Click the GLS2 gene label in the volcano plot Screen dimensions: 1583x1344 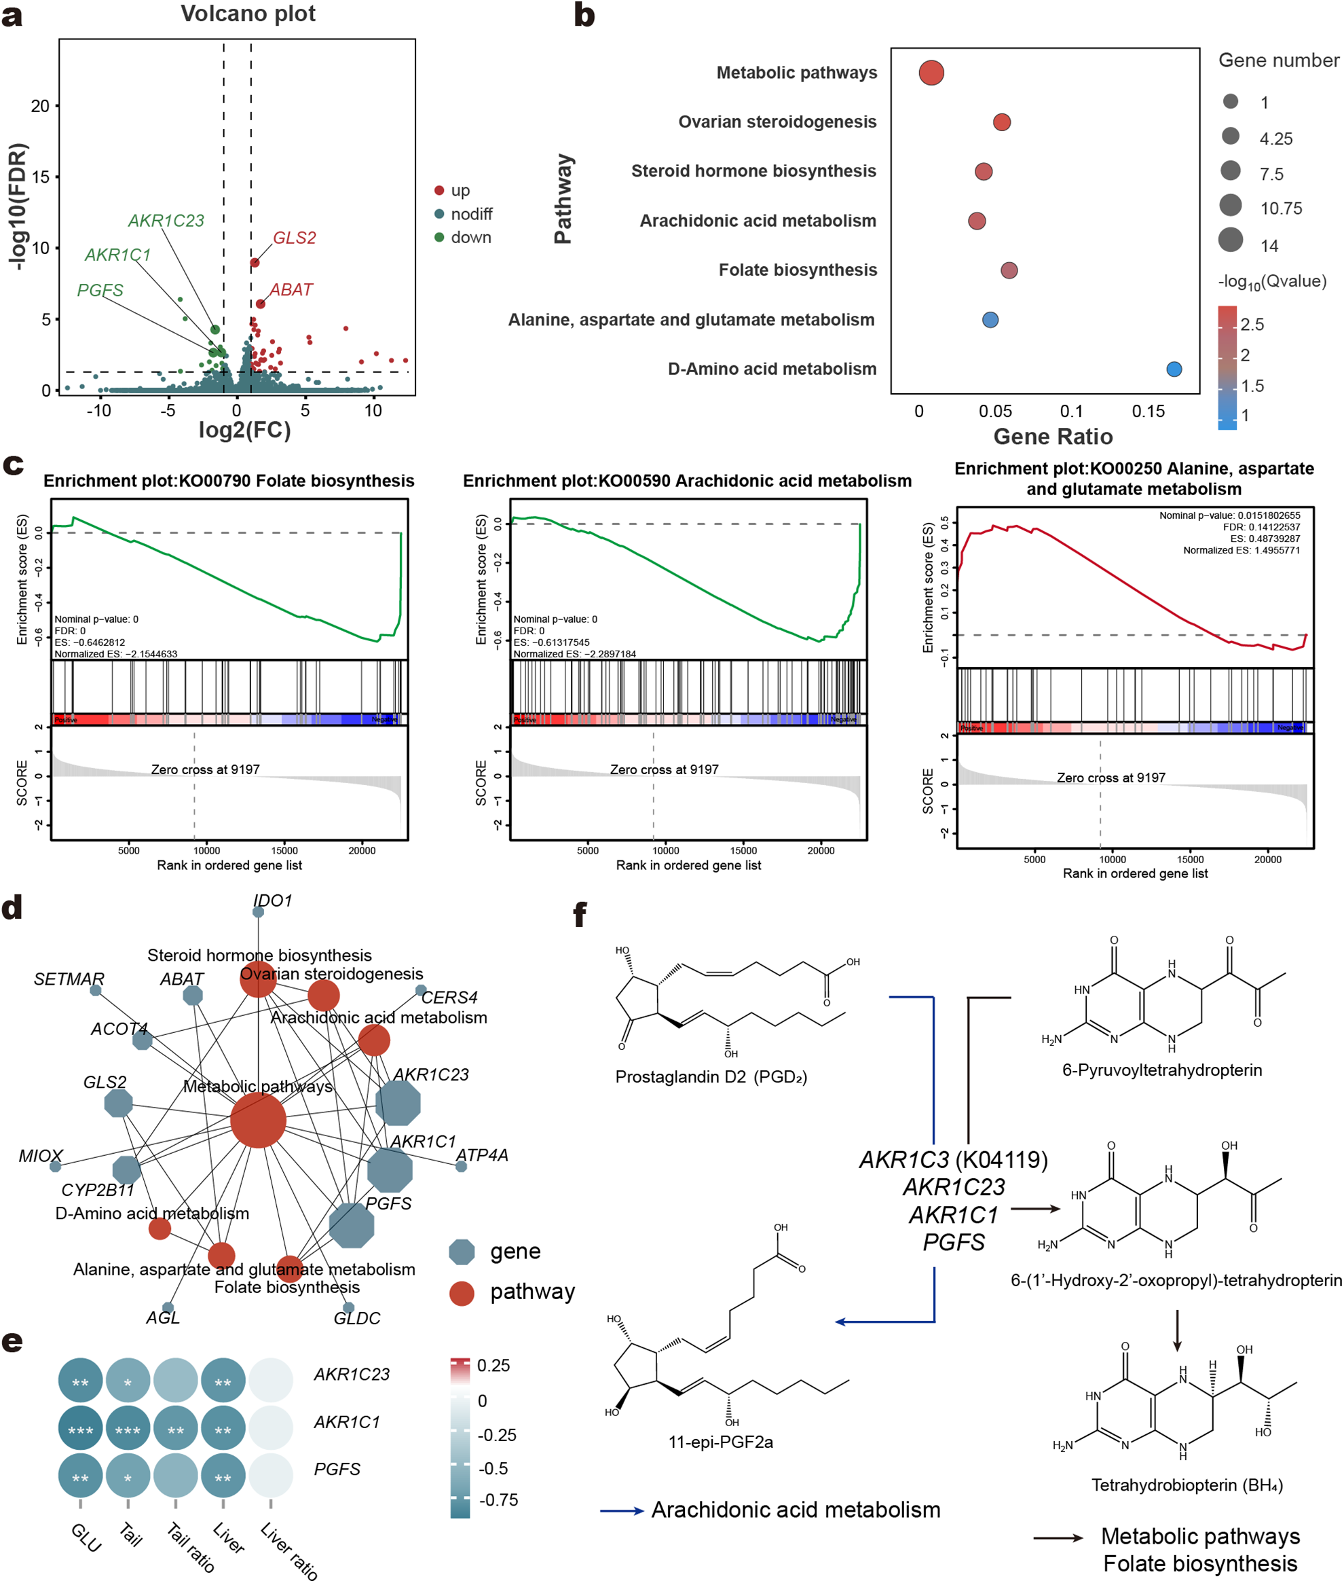[294, 238]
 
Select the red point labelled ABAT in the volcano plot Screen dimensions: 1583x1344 [261, 304]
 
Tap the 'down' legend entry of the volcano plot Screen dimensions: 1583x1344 [470, 238]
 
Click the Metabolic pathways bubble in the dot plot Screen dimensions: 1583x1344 [931, 73]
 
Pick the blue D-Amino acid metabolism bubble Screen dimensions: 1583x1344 [1174, 369]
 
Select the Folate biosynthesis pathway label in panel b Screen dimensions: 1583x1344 [798, 270]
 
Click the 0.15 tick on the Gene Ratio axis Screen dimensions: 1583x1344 [1149, 412]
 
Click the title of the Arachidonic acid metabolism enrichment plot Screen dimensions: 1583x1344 [687, 481]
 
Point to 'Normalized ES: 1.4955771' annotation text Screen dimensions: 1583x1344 [1241, 550]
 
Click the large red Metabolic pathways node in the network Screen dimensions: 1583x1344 [259, 1120]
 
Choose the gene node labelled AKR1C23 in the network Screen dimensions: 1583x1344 [398, 1102]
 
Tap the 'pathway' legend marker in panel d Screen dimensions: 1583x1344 [462, 1294]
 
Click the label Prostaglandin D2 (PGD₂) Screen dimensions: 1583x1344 [711, 1077]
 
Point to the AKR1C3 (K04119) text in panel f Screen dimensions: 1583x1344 [953, 1160]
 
